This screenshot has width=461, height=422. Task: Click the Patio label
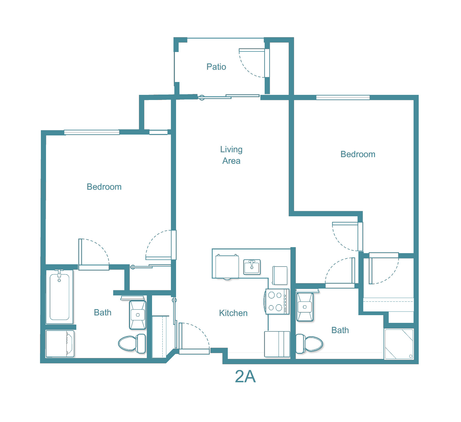[x=216, y=67]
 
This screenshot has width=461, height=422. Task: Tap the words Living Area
[x=231, y=155]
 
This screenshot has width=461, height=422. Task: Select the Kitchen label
[x=233, y=313]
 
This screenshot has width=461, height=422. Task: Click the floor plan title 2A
[x=245, y=377]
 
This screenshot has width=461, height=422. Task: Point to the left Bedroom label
[x=104, y=187]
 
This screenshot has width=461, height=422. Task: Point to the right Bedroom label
[x=358, y=154]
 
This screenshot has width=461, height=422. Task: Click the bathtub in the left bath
[x=59, y=297]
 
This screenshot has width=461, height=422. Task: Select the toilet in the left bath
[x=132, y=343]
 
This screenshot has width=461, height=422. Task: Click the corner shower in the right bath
[x=399, y=344]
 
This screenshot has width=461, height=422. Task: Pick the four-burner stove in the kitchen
[x=277, y=302]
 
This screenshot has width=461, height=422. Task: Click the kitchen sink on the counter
[x=252, y=267]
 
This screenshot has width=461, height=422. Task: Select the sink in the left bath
[x=138, y=315]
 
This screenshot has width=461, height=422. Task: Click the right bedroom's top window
[x=343, y=97]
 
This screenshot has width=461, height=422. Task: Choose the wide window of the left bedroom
[x=91, y=132]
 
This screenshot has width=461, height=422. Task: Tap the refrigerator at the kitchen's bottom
[x=277, y=344]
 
